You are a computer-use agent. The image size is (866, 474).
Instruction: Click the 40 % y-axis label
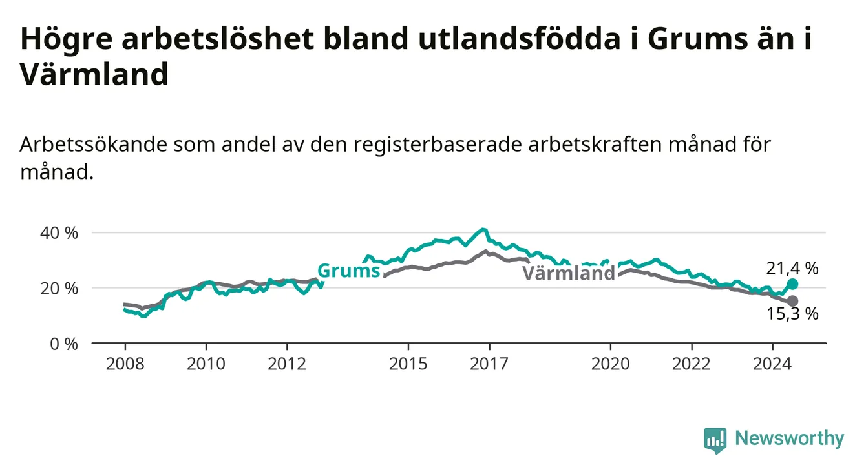point(59,233)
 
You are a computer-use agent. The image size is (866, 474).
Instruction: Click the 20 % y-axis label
point(59,289)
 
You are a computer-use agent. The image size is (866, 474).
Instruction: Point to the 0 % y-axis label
point(64,344)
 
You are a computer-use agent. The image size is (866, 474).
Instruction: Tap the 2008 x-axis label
point(125,364)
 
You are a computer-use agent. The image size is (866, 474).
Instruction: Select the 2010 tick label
point(206,364)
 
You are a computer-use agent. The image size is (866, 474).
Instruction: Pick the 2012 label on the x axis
point(287,364)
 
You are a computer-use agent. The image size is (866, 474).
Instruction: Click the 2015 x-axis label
point(408,364)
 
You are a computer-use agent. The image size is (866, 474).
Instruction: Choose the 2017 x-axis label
point(489,364)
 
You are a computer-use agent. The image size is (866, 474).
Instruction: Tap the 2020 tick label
point(611,364)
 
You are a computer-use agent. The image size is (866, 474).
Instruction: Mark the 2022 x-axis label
point(692,364)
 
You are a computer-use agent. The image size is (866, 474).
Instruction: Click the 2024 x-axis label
point(772,364)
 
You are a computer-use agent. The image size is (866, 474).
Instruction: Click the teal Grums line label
point(349,271)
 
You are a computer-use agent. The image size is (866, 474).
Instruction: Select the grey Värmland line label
point(569,273)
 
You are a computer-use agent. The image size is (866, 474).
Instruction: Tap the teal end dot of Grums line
point(792,284)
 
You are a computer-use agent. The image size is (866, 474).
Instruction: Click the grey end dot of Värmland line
point(792,301)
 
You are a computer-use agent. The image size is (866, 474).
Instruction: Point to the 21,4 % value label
point(792,269)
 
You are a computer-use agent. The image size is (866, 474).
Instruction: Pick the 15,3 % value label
point(792,314)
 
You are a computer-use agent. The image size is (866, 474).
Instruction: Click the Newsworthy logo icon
point(715,440)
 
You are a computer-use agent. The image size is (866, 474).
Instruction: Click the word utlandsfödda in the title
point(519,39)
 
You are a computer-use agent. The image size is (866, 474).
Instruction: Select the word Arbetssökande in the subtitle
point(93,145)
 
